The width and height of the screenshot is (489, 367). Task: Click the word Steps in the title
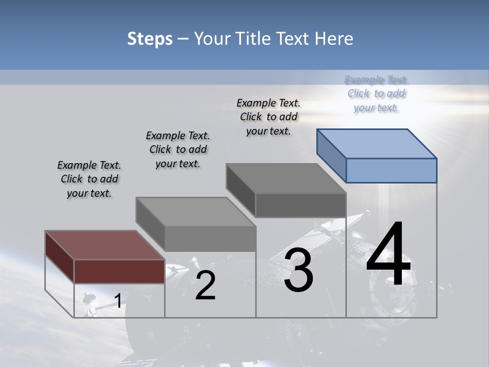(150, 39)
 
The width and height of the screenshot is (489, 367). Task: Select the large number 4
(388, 255)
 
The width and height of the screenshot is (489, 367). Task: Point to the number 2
(205, 285)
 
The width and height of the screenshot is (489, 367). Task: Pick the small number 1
(118, 301)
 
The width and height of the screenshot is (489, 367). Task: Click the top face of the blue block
(377, 143)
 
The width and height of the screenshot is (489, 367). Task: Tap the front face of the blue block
(391, 170)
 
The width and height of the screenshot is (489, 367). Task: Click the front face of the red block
(119, 271)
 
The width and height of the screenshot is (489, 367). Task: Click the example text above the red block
(89, 179)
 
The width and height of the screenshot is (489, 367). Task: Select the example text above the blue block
(376, 94)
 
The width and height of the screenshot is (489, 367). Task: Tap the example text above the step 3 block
(268, 117)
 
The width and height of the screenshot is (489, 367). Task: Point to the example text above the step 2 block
(178, 149)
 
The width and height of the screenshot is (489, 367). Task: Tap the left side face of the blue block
(331, 155)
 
